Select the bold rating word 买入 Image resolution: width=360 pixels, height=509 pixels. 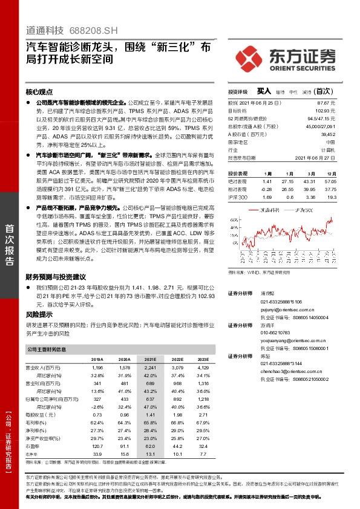tap(264, 91)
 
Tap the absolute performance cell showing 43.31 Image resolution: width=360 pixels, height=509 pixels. tap(310, 181)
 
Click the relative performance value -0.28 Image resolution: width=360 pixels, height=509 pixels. tap(267, 189)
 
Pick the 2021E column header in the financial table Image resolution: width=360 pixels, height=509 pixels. tap(150, 358)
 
